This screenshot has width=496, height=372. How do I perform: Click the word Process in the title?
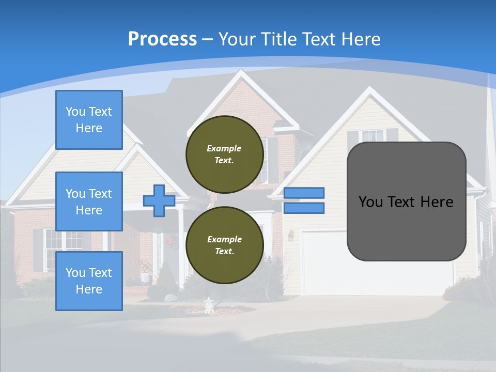pyautogui.click(x=162, y=39)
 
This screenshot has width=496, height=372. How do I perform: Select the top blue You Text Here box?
pyautogui.click(x=89, y=120)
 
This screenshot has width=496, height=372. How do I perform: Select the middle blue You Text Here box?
pyautogui.click(x=89, y=202)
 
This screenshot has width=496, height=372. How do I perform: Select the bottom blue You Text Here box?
pyautogui.click(x=89, y=281)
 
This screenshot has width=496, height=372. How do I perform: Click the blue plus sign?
pyautogui.click(x=159, y=200)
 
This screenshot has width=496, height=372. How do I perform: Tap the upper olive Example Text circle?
pyautogui.click(x=224, y=154)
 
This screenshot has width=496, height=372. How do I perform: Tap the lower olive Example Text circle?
pyautogui.click(x=224, y=245)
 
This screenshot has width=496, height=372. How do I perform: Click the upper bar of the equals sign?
pyautogui.click(x=304, y=193)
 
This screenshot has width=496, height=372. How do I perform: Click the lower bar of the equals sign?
pyautogui.click(x=304, y=208)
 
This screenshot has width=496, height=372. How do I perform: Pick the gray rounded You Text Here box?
pyautogui.click(x=406, y=202)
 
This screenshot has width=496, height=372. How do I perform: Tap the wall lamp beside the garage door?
pyautogui.click(x=291, y=236)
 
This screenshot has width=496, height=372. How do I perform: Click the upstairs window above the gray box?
pyautogui.click(x=372, y=135)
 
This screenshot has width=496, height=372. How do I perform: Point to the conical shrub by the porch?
pyautogui.click(x=166, y=282)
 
